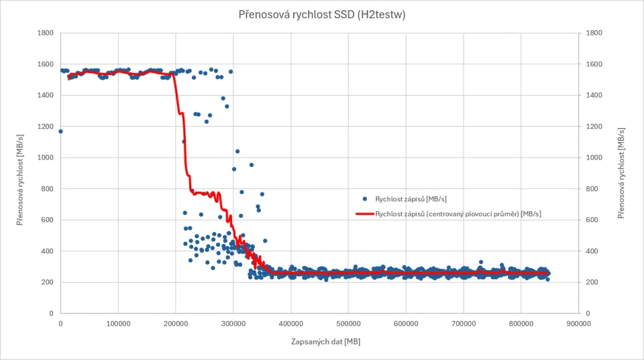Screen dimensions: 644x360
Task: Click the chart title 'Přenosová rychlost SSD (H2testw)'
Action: [322, 15]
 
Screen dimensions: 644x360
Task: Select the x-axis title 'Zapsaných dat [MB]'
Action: [326, 341]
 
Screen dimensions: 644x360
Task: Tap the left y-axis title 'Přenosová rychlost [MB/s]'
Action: [19, 180]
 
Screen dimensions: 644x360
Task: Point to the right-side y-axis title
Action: [621, 173]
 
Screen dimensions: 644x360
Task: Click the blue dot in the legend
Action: [365, 198]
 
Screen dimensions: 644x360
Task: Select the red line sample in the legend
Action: [365, 214]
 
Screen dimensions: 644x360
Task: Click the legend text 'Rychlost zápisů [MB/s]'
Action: [411, 199]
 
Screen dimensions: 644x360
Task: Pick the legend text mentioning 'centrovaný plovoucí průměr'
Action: [458, 214]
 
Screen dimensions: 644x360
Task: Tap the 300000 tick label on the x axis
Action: [233, 324]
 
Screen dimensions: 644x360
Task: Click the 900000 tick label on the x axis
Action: [579, 324]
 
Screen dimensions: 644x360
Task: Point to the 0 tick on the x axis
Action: [61, 324]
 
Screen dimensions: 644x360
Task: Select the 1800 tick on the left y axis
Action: [46, 33]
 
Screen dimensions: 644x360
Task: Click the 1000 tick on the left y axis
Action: [46, 158]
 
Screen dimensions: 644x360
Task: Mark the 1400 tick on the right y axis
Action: [594, 95]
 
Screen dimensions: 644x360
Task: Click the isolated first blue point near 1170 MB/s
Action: [60, 131]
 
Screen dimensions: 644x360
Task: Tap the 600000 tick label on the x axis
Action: [406, 324]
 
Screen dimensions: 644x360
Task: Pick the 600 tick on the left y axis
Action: [48, 220]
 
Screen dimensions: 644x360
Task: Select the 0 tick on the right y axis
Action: [588, 314]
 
